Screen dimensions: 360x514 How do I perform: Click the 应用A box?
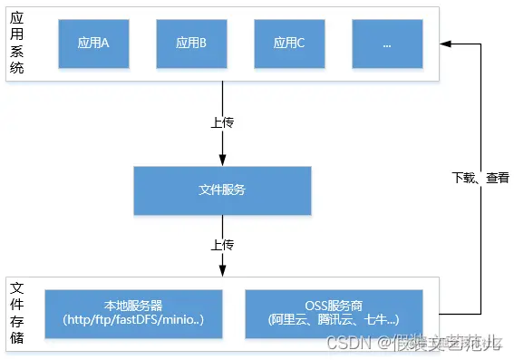point(93,43)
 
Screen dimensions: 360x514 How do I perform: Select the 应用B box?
point(190,43)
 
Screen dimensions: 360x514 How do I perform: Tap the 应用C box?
point(289,43)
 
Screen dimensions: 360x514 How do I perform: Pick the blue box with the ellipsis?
point(386,43)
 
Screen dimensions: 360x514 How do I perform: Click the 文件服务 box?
point(222,190)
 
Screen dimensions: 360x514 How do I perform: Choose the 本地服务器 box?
point(132,314)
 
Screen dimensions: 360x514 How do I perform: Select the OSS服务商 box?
point(334,314)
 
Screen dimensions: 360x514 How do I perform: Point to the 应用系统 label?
point(17,43)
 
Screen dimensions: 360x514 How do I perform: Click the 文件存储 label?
point(17,314)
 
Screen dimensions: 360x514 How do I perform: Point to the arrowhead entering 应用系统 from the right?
point(447,43)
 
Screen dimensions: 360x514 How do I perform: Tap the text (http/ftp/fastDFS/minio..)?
point(132,321)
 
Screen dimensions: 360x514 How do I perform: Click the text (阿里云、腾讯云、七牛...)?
point(334,321)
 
